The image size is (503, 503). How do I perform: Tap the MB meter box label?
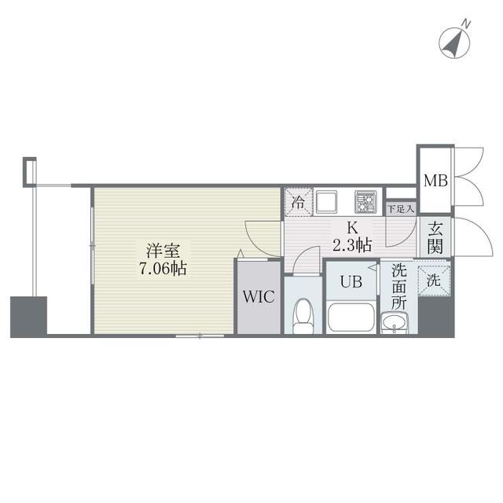435,181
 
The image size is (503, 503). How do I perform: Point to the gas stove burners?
365,201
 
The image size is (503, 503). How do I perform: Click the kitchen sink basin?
326,203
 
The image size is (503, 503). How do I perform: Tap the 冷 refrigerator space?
298,201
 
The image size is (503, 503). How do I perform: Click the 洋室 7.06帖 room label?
164,259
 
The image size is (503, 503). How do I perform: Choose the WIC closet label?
258,298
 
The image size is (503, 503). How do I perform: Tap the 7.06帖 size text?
164,267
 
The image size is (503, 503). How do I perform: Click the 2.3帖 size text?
351,244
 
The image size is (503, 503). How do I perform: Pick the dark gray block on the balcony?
28,316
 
